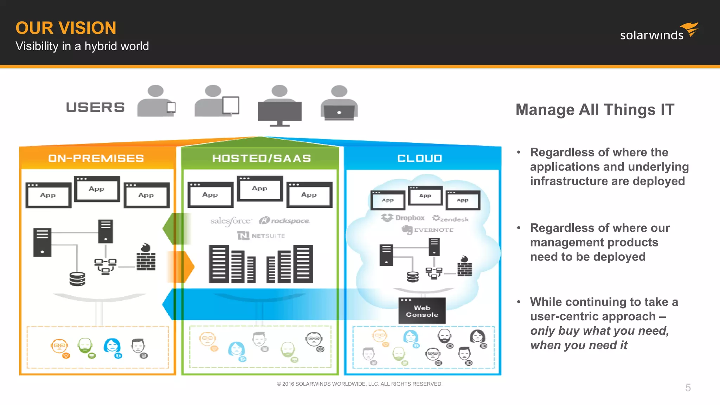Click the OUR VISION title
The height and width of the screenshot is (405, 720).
point(66,28)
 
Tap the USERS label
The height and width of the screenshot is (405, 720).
point(95,107)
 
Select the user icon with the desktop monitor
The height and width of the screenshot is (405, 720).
point(279,105)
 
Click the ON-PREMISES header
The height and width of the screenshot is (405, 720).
point(96,158)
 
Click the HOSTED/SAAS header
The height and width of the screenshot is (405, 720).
point(262,158)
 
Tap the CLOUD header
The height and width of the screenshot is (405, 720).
point(419,158)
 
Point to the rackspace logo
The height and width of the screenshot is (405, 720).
point(284,221)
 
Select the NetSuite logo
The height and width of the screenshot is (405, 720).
point(261,236)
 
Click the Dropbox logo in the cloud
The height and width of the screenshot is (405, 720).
point(403,218)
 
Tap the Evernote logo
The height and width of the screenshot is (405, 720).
point(427,230)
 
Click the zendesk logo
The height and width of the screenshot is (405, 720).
point(450,219)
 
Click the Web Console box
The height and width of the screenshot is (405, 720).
point(422,311)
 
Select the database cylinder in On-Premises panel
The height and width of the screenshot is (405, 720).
point(77,279)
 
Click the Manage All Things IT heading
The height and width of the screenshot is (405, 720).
point(595,110)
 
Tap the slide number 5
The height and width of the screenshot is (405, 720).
point(688,387)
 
